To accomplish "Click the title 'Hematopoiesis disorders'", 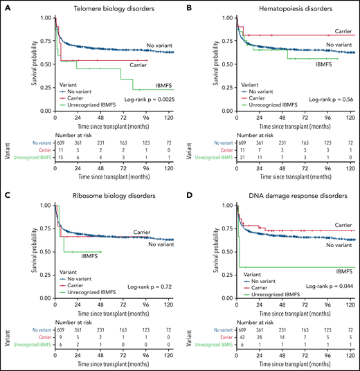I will [x=276, y=7].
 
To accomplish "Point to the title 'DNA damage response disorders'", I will [x=276, y=195].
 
